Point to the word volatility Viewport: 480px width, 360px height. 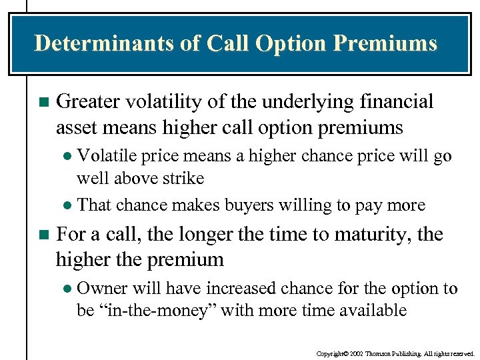[x=158, y=102]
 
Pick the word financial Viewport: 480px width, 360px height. [x=396, y=102]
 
